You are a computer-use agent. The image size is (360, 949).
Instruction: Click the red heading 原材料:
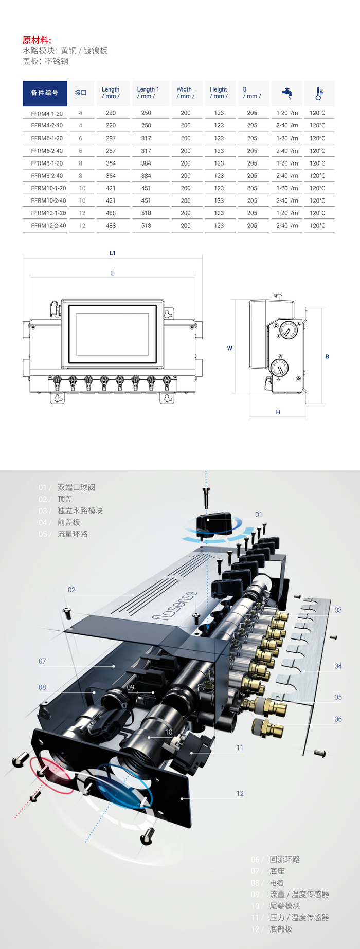click(x=37, y=41)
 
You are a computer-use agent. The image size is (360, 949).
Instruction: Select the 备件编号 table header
click(x=45, y=93)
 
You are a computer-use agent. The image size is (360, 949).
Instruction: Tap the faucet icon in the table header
click(x=287, y=93)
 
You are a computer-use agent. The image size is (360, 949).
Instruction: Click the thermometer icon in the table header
click(x=319, y=93)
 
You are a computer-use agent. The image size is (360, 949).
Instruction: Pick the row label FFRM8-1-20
click(x=47, y=163)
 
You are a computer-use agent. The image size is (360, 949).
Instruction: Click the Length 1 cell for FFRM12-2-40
click(x=146, y=226)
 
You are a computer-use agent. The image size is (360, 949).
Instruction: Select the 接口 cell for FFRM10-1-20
click(x=82, y=188)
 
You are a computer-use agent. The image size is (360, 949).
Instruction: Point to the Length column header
click(x=111, y=93)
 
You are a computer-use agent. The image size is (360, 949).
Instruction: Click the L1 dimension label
click(x=113, y=253)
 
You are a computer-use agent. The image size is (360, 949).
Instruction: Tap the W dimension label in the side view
click(x=230, y=349)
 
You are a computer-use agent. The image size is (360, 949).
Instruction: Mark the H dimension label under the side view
click(x=278, y=412)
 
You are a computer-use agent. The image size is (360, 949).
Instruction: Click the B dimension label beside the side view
click(x=327, y=356)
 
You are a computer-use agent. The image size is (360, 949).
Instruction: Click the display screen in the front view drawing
click(x=113, y=334)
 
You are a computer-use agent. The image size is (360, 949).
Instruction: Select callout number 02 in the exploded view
click(x=71, y=590)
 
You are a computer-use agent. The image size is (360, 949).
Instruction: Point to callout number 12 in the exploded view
click(x=240, y=793)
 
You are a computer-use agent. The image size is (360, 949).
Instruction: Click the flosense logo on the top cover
click(x=175, y=606)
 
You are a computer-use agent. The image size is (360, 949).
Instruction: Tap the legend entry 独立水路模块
click(x=80, y=510)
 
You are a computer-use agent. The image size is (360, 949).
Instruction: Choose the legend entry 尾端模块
click(x=285, y=906)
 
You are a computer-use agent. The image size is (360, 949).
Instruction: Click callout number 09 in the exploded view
click(x=131, y=687)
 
